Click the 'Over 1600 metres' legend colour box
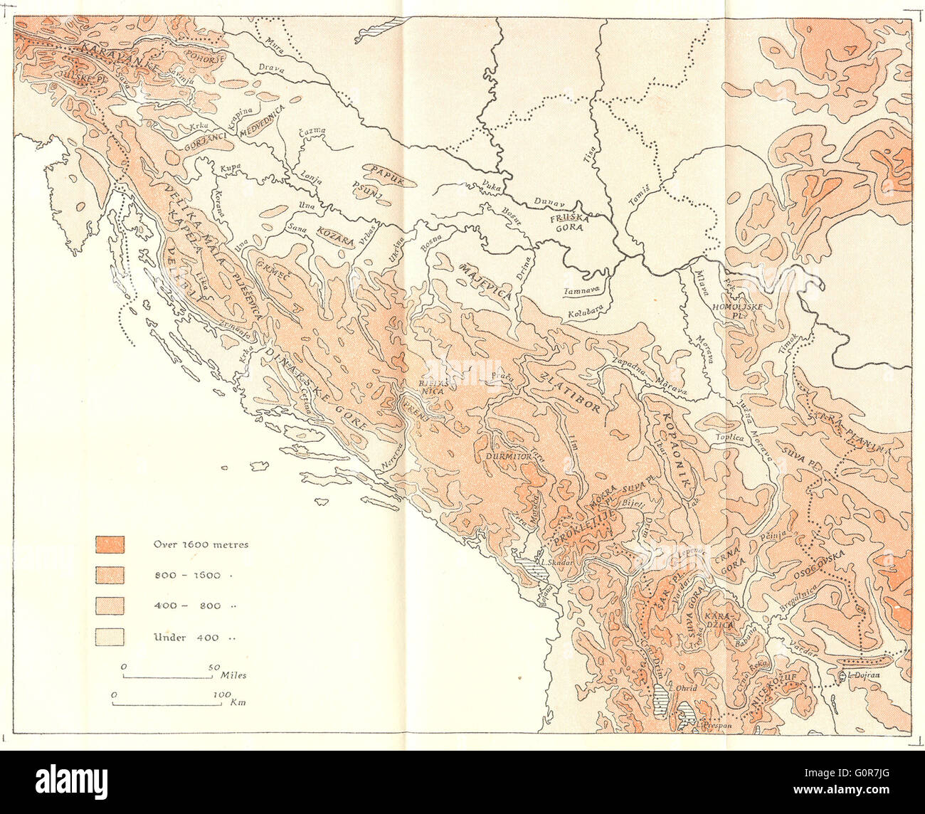[x=110, y=544]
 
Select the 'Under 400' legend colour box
[x=110, y=637]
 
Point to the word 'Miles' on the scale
[x=234, y=672]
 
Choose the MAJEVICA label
[x=486, y=282]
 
